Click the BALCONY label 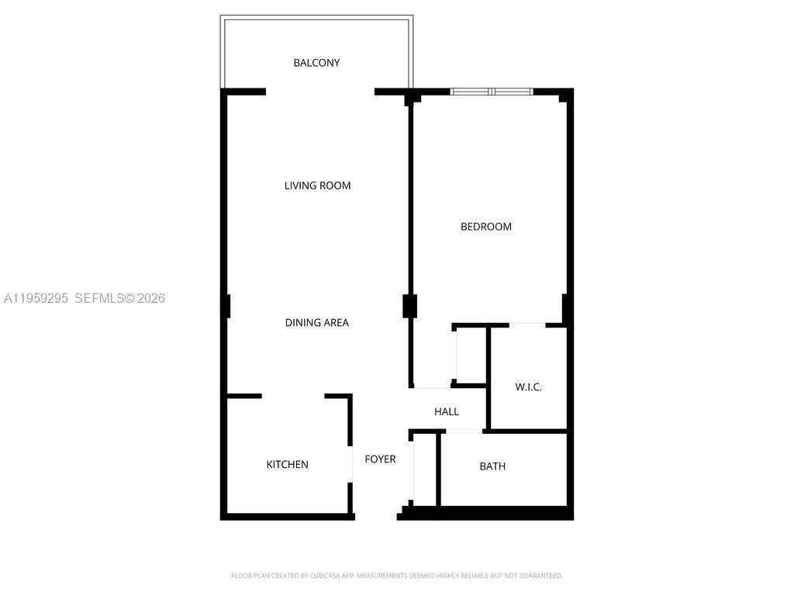(x=316, y=63)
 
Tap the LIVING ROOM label (x=317, y=185)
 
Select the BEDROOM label (x=486, y=227)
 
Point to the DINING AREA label (x=316, y=323)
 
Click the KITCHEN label (x=287, y=465)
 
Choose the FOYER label (x=380, y=459)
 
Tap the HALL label (x=447, y=412)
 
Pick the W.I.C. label (x=528, y=387)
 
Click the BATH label (x=492, y=466)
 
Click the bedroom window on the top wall (x=492, y=92)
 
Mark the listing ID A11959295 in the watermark (x=36, y=298)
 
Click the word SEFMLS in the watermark (x=99, y=298)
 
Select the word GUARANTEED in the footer (x=540, y=576)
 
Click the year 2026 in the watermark (x=151, y=298)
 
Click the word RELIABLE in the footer (x=473, y=576)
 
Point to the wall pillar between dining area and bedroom (x=410, y=306)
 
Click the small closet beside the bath (x=425, y=470)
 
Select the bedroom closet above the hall (x=470, y=355)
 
